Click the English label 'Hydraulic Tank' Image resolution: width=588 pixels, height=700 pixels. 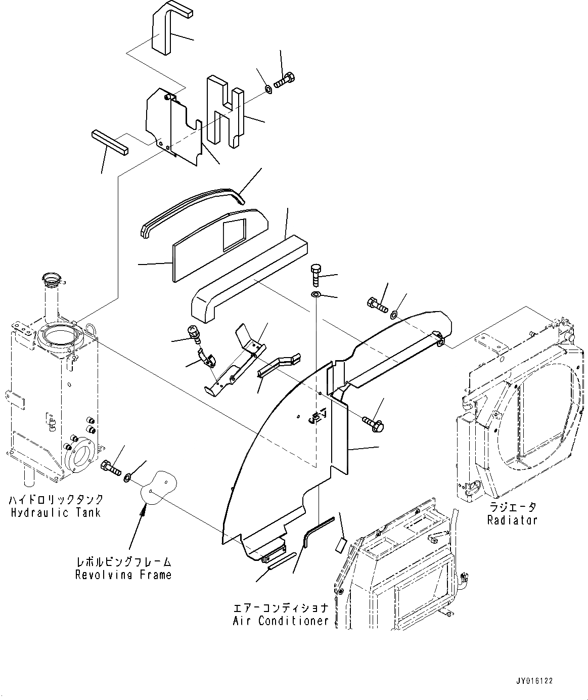(56, 512)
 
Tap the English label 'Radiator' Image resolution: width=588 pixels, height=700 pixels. (512, 519)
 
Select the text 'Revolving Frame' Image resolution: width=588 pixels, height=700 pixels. (123, 575)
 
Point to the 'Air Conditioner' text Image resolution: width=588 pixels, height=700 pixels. (281, 621)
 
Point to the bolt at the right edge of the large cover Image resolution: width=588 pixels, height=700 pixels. (374, 424)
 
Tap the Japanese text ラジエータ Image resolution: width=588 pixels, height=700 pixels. (512, 507)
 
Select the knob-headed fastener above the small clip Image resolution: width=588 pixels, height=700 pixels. (194, 332)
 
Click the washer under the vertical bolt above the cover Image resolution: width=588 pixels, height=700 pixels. (315, 294)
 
